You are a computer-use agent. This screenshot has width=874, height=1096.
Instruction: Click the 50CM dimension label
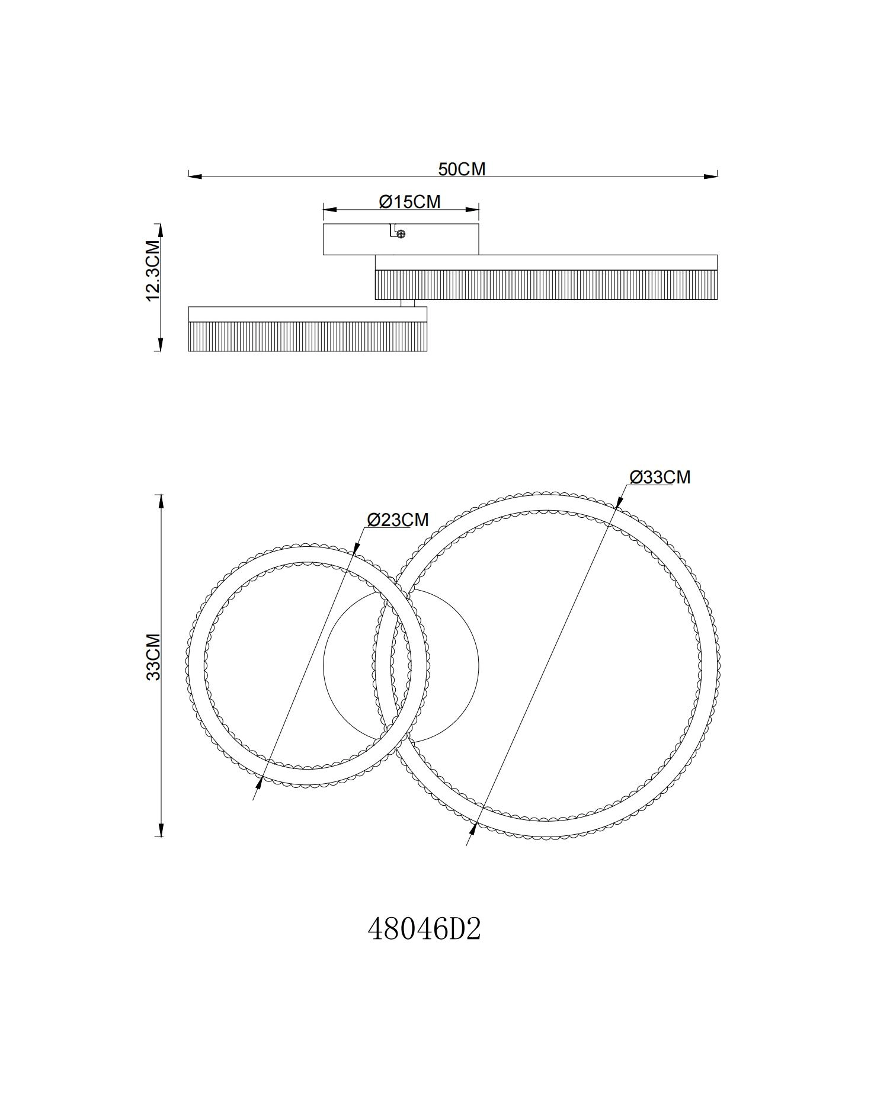tap(462, 169)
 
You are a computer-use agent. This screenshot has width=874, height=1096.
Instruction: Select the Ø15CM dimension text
tap(410, 201)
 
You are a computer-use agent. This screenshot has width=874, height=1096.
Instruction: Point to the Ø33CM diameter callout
tap(659, 477)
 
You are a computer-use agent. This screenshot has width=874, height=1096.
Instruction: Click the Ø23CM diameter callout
tap(398, 520)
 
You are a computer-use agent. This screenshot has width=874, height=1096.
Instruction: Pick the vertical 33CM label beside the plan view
tap(153, 657)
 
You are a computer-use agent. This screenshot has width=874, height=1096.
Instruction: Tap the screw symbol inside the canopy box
tap(401, 235)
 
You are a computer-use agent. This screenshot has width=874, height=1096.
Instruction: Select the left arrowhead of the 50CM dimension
tap(196, 177)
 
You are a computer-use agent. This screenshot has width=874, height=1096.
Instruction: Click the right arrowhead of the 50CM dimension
tap(710, 177)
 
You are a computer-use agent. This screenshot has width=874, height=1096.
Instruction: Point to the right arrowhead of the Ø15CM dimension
tap(472, 210)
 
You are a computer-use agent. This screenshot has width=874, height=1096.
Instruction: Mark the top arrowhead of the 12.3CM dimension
tap(159, 231)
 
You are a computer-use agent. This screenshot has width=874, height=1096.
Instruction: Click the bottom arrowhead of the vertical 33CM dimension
tap(159, 829)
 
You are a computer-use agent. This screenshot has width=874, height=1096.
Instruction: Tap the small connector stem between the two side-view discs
tap(407, 303)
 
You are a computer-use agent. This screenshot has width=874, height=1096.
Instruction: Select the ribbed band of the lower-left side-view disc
tap(308, 337)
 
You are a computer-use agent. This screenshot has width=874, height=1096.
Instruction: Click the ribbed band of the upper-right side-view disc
tap(546, 284)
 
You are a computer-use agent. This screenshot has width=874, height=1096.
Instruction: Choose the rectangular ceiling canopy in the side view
tap(401, 239)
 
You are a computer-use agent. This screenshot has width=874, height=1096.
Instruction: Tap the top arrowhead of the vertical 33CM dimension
tap(159, 502)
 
